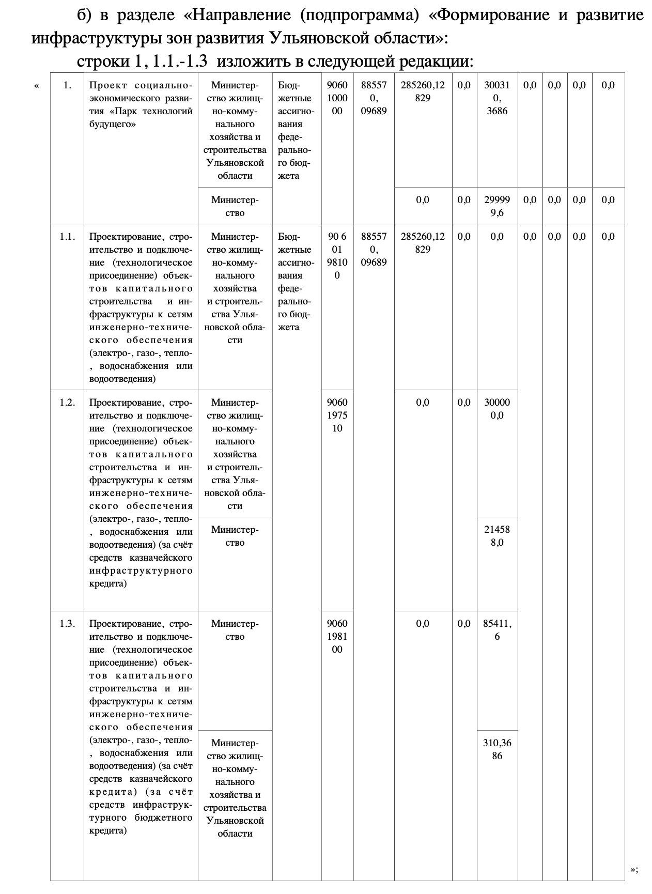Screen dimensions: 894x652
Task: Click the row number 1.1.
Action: coord(67,237)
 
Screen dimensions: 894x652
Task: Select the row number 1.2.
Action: coord(67,403)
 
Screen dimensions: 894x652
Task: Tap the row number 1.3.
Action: coord(67,624)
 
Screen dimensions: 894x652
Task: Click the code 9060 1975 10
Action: coord(337,415)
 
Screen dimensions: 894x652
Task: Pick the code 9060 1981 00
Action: coord(337,636)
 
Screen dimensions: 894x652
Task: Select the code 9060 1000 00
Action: coord(337,98)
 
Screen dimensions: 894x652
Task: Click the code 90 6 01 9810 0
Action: coord(337,256)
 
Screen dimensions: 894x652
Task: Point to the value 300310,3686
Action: coord(496,98)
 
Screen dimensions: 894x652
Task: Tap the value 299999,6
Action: coord(496,206)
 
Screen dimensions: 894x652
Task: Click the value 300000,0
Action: coord(496,409)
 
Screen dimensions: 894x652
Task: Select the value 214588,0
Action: coord(496,536)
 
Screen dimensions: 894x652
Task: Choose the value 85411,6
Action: coord(496,630)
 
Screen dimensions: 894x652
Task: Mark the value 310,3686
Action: coord(496,749)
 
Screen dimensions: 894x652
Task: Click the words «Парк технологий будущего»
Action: coord(141,117)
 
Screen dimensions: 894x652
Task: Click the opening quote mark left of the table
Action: coord(36,86)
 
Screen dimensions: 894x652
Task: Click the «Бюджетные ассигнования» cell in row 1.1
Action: coord(296,282)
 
